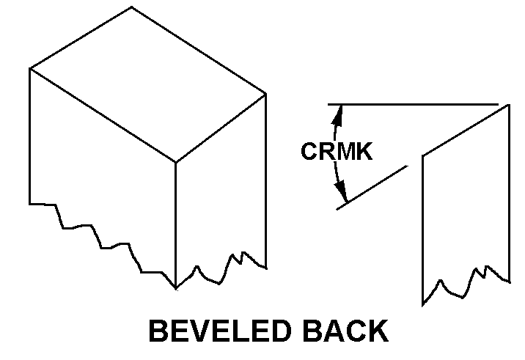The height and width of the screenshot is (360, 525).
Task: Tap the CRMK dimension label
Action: click(x=337, y=152)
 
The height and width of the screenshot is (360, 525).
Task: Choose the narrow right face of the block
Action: click(x=220, y=191)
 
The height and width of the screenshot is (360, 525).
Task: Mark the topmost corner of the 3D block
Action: click(x=132, y=7)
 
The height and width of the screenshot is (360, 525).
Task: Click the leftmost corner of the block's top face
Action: click(x=30, y=69)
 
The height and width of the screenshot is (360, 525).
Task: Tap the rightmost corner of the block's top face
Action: click(x=265, y=93)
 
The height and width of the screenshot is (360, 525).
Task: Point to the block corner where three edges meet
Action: click(x=175, y=162)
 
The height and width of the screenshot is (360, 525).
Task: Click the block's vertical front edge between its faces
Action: click(x=175, y=220)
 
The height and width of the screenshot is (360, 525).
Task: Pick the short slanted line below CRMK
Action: click(x=371, y=188)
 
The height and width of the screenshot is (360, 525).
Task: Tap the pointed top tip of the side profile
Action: click(x=509, y=105)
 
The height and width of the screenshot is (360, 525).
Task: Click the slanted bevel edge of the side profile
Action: click(x=466, y=130)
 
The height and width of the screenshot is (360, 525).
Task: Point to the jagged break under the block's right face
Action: click(x=220, y=269)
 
